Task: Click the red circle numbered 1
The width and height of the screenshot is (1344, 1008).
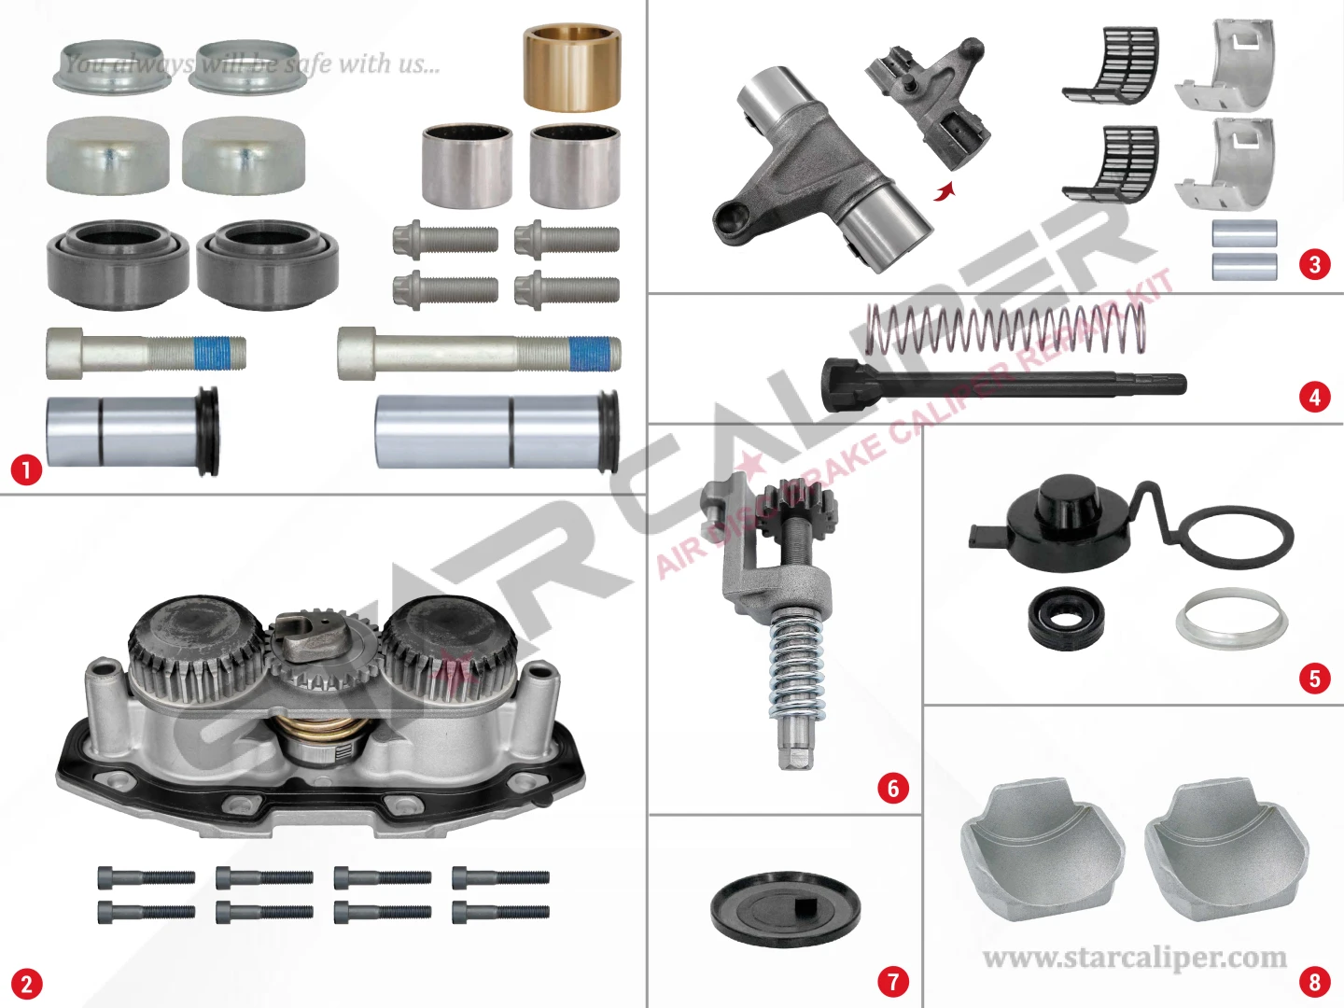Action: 26,470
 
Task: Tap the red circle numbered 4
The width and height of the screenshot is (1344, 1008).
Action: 1315,398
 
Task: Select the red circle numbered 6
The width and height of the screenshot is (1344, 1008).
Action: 893,788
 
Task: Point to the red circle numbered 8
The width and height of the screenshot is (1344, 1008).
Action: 1315,982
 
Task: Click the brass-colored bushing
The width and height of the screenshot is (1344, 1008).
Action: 572,67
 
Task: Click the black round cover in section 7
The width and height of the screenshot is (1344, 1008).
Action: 786,910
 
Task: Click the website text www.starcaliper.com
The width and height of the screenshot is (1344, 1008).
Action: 1134,958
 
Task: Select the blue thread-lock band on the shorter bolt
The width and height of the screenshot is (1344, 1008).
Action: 213,353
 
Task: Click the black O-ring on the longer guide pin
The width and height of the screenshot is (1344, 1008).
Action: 609,431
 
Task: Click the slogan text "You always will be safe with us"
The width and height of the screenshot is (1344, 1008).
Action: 252,63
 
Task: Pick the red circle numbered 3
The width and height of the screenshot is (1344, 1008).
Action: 1315,265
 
